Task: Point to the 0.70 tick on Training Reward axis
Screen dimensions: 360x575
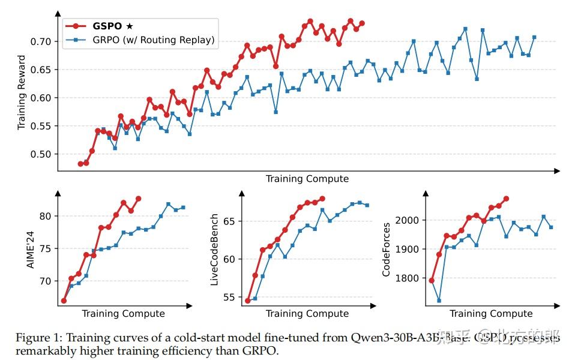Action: click(44, 41)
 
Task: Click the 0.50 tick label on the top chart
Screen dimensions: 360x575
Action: click(44, 154)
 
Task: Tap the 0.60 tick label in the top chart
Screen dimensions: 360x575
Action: click(44, 98)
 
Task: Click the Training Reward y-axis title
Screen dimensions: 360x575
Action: click(22, 92)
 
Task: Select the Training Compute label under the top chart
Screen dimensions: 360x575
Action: click(307, 179)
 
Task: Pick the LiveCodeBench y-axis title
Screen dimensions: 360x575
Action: click(214, 248)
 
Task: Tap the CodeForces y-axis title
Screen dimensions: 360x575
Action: click(387, 250)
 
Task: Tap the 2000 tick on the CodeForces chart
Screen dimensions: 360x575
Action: click(410, 220)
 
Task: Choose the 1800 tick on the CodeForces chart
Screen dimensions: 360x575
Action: click(410, 278)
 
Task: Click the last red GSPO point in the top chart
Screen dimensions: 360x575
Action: click(362, 23)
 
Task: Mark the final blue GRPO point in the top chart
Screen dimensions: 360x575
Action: click(534, 37)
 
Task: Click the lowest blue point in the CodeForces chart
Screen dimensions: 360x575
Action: click(439, 301)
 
